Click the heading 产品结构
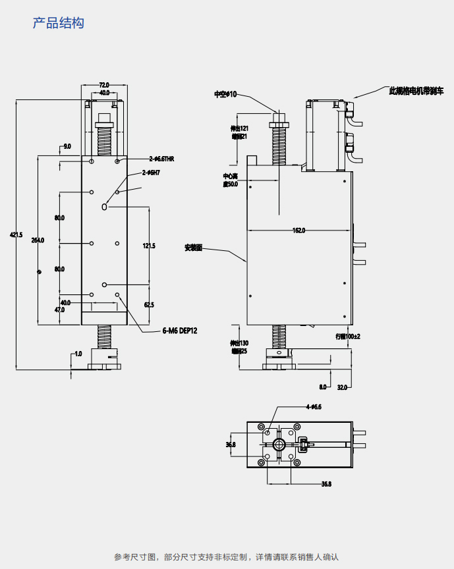pyautogui.click(x=59, y=23)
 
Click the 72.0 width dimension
pyautogui.click(x=103, y=85)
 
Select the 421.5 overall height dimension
pyautogui.click(x=16, y=234)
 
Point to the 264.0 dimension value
pyautogui.click(x=38, y=240)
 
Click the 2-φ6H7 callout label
pyautogui.click(x=152, y=173)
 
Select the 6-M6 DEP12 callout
pyautogui.click(x=179, y=331)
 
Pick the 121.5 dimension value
pyautogui.click(x=149, y=246)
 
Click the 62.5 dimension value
pyautogui.click(x=149, y=304)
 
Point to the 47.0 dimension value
pyautogui.click(x=59, y=309)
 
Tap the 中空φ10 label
pyautogui.click(x=225, y=94)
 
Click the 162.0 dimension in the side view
pyautogui.click(x=298, y=230)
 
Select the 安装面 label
pyautogui.click(x=193, y=248)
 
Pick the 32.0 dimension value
pyautogui.click(x=342, y=387)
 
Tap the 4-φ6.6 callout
pyautogui.click(x=313, y=407)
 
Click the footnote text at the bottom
pyautogui.click(x=226, y=557)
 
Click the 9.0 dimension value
pyautogui.click(x=67, y=146)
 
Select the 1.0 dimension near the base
pyautogui.click(x=78, y=354)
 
